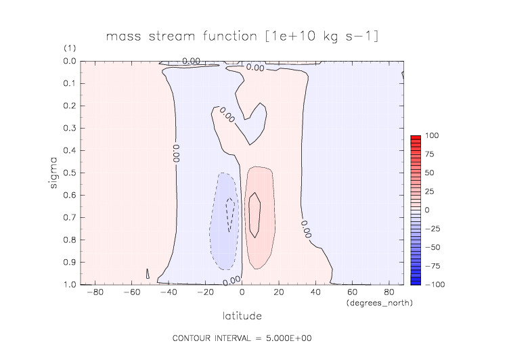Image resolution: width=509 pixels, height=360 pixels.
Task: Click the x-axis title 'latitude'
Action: click(x=242, y=315)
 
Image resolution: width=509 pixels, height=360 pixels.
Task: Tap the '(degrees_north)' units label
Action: click(x=379, y=303)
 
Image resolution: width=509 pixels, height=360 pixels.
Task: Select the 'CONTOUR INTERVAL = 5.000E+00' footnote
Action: click(x=242, y=338)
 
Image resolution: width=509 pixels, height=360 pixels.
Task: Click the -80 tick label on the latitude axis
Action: click(x=97, y=292)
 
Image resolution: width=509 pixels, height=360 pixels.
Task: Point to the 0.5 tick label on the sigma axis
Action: click(x=69, y=173)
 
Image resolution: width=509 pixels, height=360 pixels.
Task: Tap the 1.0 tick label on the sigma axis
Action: click(x=69, y=284)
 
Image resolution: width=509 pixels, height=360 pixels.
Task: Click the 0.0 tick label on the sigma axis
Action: click(x=69, y=62)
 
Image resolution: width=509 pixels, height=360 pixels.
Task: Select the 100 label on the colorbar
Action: click(x=432, y=136)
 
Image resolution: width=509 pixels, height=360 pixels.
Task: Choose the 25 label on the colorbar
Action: click(x=430, y=192)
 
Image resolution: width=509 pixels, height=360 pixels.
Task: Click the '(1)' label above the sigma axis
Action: click(x=69, y=48)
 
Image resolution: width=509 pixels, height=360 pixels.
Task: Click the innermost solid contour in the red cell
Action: click(x=255, y=215)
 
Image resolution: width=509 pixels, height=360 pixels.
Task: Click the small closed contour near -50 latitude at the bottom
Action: click(x=148, y=273)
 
